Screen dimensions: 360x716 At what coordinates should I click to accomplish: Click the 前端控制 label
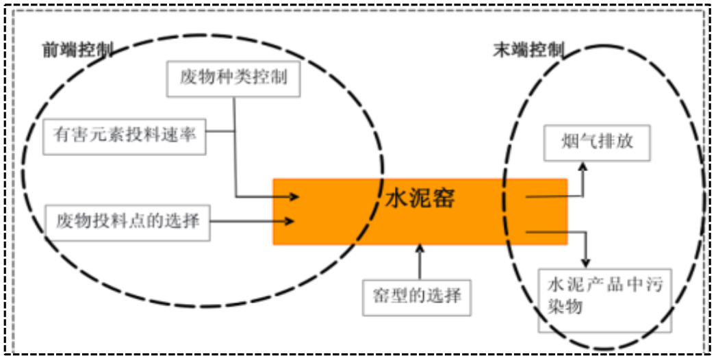pyautogui.click(x=77, y=51)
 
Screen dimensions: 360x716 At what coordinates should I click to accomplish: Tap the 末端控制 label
pyautogui.click(x=528, y=51)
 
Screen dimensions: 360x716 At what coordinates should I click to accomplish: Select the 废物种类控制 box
pyautogui.click(x=233, y=77)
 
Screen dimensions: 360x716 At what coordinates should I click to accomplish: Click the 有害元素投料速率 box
pyautogui.click(x=125, y=135)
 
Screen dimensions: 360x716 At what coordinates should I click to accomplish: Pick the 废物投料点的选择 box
pyautogui.click(x=127, y=221)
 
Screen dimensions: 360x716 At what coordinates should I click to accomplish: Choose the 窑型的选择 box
pyautogui.click(x=417, y=296)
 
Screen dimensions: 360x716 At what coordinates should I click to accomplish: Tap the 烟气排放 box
pyautogui.click(x=597, y=142)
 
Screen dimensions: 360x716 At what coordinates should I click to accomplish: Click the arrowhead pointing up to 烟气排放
pyautogui.click(x=583, y=166)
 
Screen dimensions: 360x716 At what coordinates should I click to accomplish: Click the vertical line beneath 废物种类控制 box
pyautogui.click(x=235, y=144)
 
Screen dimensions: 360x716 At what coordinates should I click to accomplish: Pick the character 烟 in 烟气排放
pyautogui.click(x=570, y=142)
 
